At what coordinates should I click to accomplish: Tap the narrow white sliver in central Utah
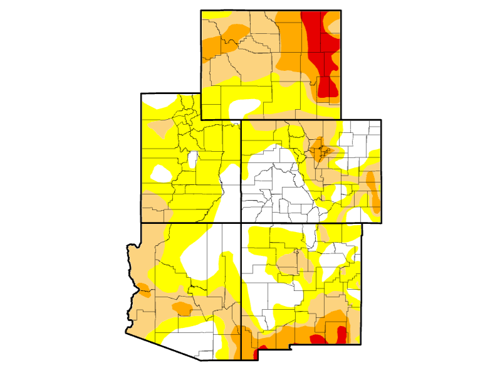tap(194, 161)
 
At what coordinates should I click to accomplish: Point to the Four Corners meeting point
tap(241, 223)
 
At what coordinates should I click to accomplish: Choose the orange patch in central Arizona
tap(182, 308)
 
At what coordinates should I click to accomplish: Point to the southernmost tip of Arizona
tap(201, 360)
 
